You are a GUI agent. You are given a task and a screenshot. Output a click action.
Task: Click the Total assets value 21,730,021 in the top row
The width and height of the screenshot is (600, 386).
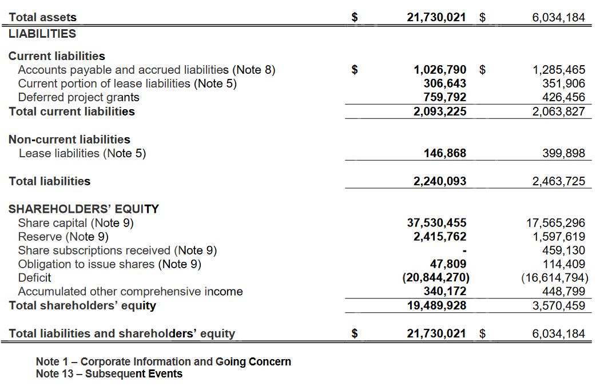[x=436, y=18]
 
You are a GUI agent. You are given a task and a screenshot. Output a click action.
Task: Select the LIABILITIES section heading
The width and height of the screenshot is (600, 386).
[x=42, y=34]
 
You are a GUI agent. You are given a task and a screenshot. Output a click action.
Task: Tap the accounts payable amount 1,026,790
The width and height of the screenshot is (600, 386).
[x=439, y=70]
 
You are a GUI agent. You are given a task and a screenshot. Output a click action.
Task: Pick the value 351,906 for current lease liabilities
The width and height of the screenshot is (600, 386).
[x=558, y=83]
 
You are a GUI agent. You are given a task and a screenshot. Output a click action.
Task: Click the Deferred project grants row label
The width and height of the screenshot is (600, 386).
[x=78, y=97]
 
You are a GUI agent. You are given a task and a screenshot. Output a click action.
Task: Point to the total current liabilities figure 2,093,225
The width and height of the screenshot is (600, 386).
[x=439, y=112]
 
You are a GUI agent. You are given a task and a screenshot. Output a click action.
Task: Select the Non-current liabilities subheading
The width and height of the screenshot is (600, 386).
[x=69, y=140]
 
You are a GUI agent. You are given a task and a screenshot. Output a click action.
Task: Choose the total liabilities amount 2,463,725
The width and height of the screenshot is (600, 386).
[x=558, y=181]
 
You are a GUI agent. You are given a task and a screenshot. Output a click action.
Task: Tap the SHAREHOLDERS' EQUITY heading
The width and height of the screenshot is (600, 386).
[x=84, y=209]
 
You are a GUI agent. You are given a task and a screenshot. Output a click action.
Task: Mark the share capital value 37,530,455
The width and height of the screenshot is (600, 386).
[x=436, y=222]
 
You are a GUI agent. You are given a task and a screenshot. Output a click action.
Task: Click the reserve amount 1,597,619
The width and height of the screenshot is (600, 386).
[x=558, y=236]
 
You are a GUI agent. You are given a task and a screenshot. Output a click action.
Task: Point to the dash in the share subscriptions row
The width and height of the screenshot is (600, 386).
[x=464, y=250]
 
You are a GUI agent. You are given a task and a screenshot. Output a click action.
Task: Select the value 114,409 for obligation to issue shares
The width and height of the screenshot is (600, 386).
[x=563, y=264]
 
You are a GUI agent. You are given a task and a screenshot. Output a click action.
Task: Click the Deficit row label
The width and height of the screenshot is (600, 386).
[x=34, y=278]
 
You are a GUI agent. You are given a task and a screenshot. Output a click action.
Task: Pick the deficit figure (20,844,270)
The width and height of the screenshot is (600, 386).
[x=436, y=278]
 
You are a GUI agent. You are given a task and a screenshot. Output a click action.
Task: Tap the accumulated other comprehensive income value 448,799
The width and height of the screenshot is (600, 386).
[x=563, y=292]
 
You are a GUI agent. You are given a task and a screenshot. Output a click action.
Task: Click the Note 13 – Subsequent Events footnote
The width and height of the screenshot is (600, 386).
[x=109, y=374]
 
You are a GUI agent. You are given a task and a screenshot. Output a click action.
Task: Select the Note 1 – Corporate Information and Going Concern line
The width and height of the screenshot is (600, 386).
[x=163, y=361]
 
